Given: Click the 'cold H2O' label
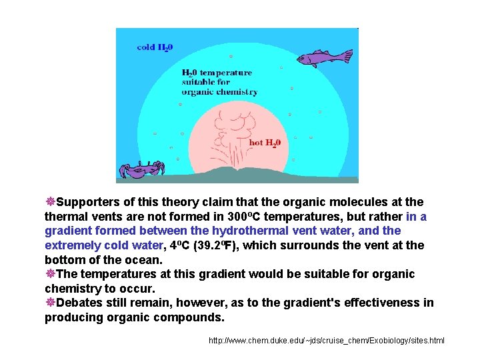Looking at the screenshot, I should tap(156, 47).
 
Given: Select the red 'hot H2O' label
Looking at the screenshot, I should tap(265, 143).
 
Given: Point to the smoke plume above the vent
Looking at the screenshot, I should tap(227, 127).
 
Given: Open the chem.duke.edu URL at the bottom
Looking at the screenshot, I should tap(326, 341).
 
